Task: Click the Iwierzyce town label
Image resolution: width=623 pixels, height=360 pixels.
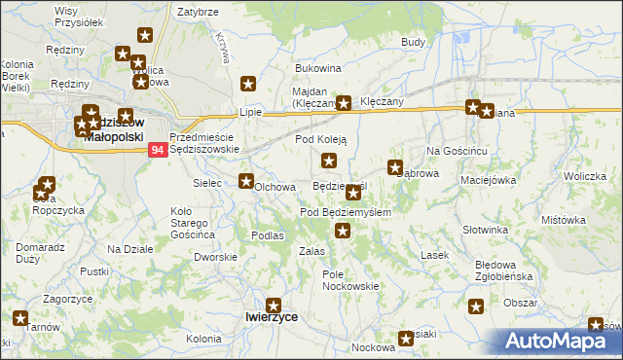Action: pyautogui.click(x=272, y=317)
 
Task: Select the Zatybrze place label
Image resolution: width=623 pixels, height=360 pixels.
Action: pyautogui.click(x=196, y=13)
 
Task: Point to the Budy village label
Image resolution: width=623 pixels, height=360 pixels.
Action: pyautogui.click(x=413, y=44)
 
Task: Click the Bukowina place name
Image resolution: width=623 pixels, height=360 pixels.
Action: pyautogui.click(x=317, y=69)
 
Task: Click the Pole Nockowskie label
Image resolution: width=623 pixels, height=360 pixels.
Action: pyautogui.click(x=349, y=280)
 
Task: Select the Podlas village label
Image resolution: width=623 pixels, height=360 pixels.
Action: pyautogui.click(x=267, y=235)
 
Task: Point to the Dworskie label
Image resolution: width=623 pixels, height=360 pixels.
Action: pyautogui.click(x=215, y=257)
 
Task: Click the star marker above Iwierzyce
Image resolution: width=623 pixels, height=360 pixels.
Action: pyautogui.click(x=274, y=305)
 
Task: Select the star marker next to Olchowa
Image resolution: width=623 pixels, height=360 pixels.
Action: pyautogui.click(x=247, y=180)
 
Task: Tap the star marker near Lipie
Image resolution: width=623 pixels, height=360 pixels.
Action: pyautogui.click(x=248, y=84)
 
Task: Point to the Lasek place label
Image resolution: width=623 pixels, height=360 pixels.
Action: pyautogui.click(x=433, y=255)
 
